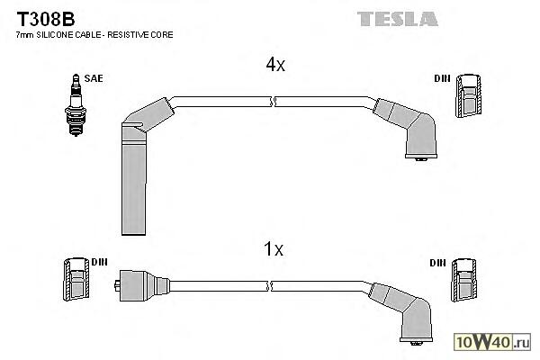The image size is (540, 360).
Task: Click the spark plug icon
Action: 74,105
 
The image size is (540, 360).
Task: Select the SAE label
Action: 93,79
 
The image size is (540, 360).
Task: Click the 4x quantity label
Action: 275,65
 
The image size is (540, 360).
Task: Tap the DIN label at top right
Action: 442,79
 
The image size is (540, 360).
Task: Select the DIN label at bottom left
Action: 99,263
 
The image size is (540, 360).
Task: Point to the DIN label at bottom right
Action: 437,263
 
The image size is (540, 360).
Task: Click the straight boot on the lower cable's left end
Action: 139,285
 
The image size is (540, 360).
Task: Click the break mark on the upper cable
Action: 274,101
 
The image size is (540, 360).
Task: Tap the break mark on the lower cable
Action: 272,285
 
